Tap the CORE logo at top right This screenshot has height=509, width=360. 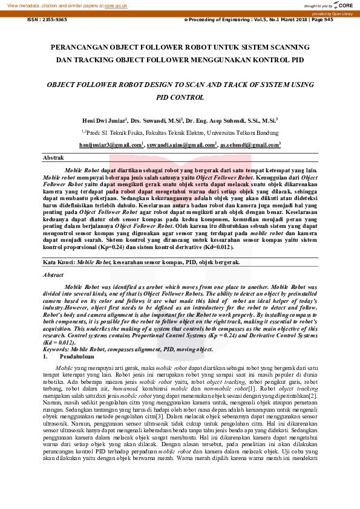pyautogui.click(x=343, y=5)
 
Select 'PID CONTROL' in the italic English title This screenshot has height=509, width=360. pyautogui.click(x=180, y=97)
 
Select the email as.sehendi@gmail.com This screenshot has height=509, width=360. pyautogui.click(x=250, y=145)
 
